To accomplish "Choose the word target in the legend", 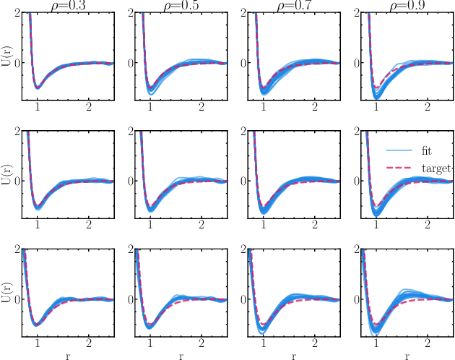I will [435, 168].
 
